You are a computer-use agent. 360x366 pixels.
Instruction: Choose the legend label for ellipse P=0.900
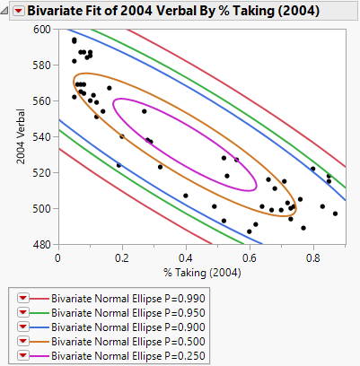110,326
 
